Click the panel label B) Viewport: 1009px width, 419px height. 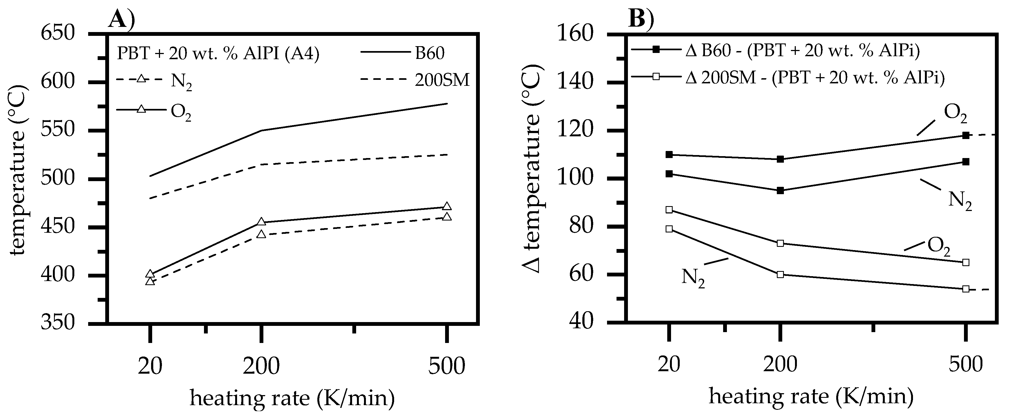click(x=641, y=19)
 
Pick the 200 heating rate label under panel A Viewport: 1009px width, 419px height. click(x=261, y=366)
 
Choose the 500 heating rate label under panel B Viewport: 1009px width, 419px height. click(x=966, y=365)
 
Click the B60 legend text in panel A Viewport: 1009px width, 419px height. click(x=430, y=53)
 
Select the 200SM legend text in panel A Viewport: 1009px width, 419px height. click(x=442, y=80)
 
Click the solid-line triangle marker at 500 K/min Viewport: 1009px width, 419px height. click(x=447, y=206)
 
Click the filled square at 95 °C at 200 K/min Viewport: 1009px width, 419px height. click(x=780, y=191)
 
